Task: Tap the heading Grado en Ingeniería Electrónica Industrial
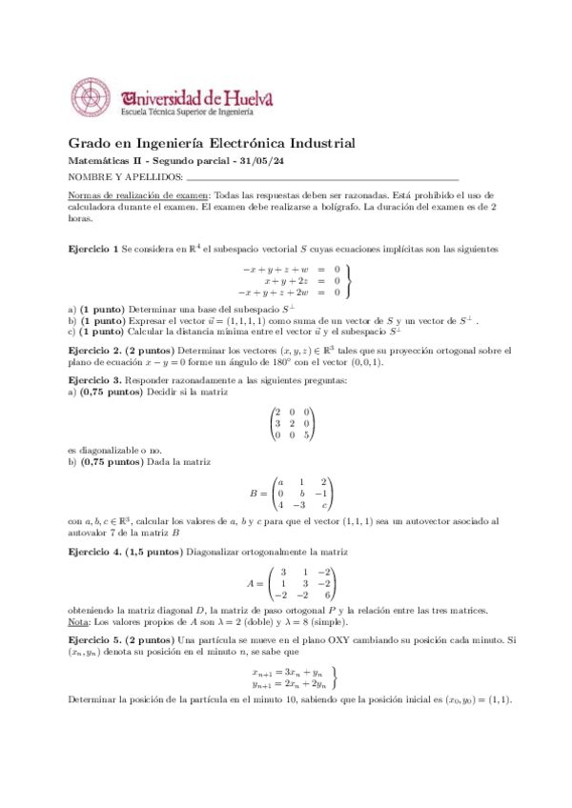212,144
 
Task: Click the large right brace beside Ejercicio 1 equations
349,281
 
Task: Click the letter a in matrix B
279,482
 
